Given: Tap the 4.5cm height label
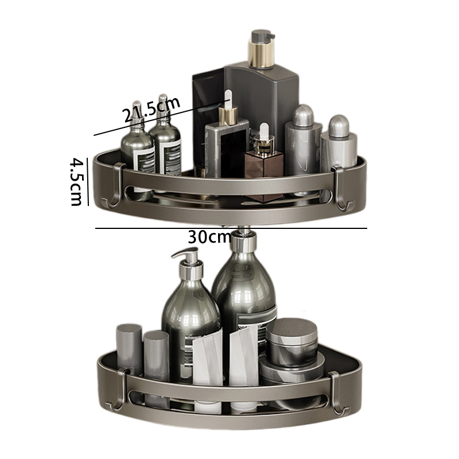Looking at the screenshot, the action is [x=76, y=181].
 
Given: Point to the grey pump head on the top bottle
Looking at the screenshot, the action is [x=262, y=36].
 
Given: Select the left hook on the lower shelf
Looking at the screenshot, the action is [x=118, y=390].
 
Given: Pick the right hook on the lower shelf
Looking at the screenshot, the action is [x=338, y=393].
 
